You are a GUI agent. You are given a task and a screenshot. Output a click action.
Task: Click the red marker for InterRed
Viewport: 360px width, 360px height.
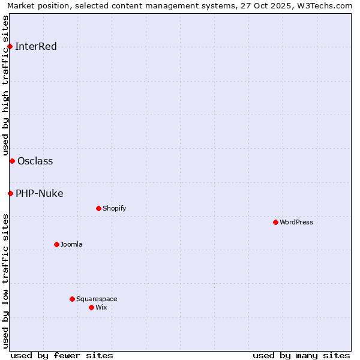[10, 46]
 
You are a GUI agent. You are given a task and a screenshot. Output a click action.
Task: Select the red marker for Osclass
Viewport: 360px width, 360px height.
[12, 161]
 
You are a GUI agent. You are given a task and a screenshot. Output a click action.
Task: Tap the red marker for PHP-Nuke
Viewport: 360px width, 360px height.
[10, 193]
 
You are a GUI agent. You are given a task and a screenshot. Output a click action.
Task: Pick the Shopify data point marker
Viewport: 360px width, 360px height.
[98, 208]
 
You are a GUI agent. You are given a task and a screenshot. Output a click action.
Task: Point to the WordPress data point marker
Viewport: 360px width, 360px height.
[275, 222]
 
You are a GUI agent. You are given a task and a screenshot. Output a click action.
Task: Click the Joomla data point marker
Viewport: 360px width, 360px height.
[56, 244]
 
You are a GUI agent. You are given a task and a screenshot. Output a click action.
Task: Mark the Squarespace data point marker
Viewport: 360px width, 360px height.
[72, 299]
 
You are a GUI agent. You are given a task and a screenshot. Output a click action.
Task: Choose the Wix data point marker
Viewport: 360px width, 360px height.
[91, 307]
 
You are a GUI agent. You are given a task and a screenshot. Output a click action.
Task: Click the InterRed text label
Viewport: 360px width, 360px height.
[36, 47]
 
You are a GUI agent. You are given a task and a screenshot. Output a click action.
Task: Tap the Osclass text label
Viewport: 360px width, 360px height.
[35, 161]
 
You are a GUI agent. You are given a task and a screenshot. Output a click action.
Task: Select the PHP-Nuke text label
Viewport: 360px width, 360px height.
[39, 193]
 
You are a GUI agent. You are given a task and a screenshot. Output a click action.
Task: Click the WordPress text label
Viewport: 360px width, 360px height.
[296, 222]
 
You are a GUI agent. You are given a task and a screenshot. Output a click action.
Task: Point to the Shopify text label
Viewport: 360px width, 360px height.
[114, 208]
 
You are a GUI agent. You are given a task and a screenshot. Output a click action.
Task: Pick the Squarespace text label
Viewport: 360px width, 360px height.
[97, 299]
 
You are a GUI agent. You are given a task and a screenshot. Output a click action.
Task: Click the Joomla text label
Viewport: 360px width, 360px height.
[71, 244]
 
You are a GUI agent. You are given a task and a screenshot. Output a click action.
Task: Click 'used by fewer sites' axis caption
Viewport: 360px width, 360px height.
[62, 355]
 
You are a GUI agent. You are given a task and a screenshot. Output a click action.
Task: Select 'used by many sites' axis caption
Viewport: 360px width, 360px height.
[301, 355]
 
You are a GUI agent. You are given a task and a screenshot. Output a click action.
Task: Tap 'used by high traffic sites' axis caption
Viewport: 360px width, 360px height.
[6, 85]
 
